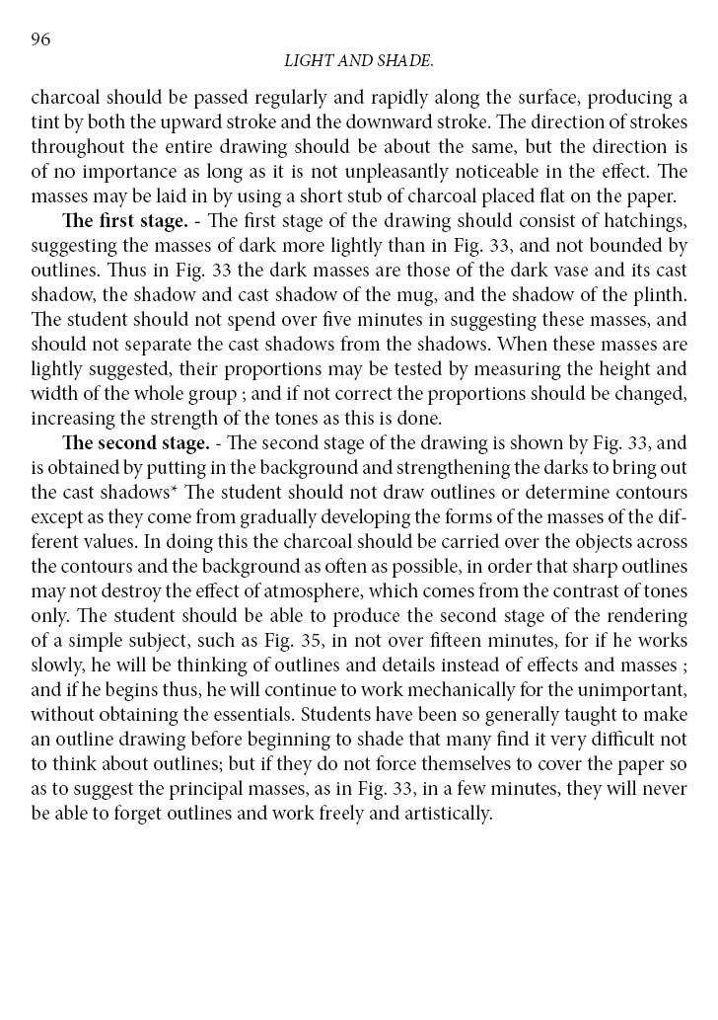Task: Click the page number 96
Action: [40, 39]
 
